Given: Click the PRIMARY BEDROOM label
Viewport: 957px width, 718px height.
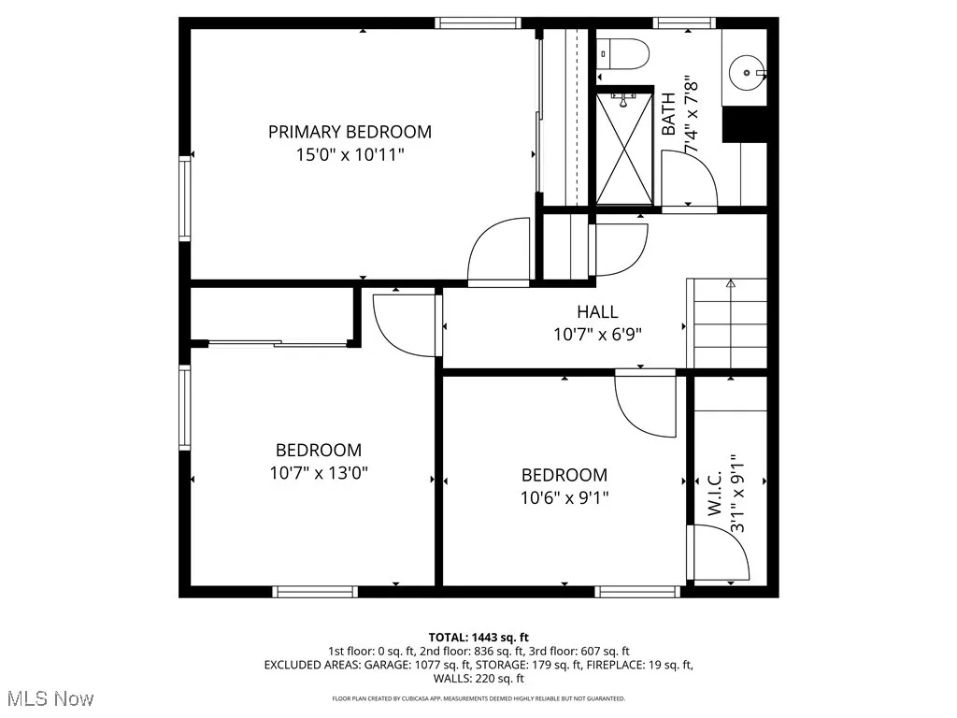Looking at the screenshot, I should coord(350,132).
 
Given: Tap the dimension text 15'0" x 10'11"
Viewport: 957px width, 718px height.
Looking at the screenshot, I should coord(350,154).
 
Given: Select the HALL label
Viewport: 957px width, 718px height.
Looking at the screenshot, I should coord(596,312).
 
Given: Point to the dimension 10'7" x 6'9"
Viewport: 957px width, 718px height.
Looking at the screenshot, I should coord(596,333).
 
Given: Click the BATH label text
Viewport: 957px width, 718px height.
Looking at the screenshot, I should coord(668,113).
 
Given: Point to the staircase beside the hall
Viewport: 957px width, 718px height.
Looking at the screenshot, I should coord(727,323).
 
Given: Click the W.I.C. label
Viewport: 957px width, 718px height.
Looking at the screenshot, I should coord(715,493).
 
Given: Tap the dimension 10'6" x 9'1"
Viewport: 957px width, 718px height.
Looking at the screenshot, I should coord(564,497).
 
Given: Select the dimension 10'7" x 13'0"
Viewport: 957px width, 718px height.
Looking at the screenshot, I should coord(318,473).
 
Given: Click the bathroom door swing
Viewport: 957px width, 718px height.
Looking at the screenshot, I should coord(687,178).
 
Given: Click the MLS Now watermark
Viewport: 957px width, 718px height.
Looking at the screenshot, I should coord(48,698).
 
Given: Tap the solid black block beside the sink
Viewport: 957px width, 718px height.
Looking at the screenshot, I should coord(746,122).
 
